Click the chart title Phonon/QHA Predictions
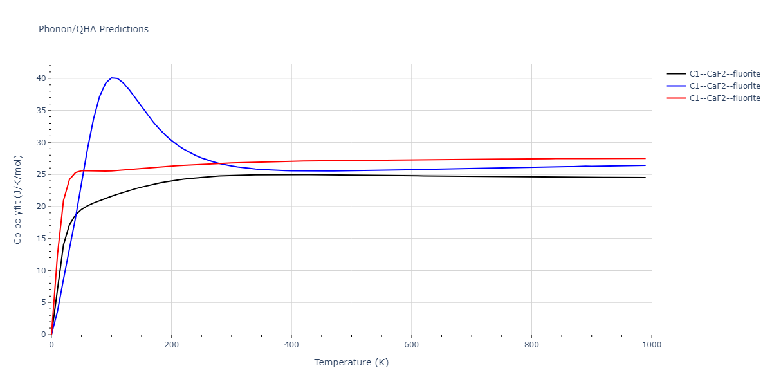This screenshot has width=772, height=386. (x=93, y=29)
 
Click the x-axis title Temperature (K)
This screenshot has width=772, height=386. (x=351, y=362)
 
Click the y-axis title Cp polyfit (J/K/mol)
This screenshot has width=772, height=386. (x=19, y=199)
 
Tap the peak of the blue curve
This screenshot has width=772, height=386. (x=112, y=78)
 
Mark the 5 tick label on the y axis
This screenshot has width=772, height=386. (x=42, y=302)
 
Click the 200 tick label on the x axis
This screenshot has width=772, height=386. (x=171, y=344)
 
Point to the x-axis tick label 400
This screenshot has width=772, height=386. (x=291, y=344)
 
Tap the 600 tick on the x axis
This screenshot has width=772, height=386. (x=412, y=344)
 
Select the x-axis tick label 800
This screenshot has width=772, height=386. (x=531, y=344)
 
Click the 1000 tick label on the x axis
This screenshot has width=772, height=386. (x=651, y=344)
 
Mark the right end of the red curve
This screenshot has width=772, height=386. (x=645, y=158)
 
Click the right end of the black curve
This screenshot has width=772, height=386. (x=645, y=178)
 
